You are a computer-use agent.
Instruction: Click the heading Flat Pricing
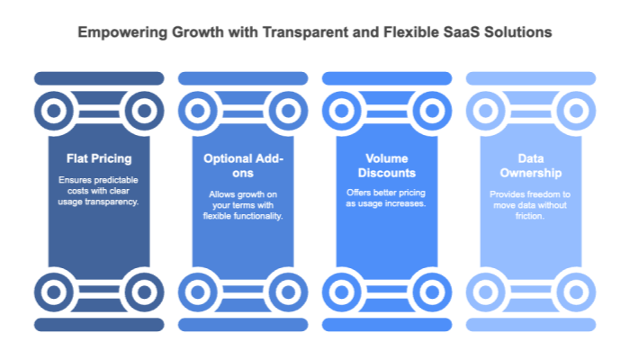click(99, 158)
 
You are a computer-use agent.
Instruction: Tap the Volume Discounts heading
click(387, 166)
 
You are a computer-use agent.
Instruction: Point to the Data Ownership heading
click(530, 166)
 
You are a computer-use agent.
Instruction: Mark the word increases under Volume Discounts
click(407, 203)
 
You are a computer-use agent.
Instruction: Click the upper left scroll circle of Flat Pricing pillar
click(54, 112)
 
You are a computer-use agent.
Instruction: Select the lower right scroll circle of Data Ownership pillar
click(575, 291)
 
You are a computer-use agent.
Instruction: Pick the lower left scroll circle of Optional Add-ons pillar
click(198, 291)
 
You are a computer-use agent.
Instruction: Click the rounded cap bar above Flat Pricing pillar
click(99, 78)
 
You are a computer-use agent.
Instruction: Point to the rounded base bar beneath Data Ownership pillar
click(530, 324)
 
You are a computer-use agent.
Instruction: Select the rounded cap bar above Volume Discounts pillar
click(387, 78)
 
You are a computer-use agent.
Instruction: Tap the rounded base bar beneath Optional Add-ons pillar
click(243, 324)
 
